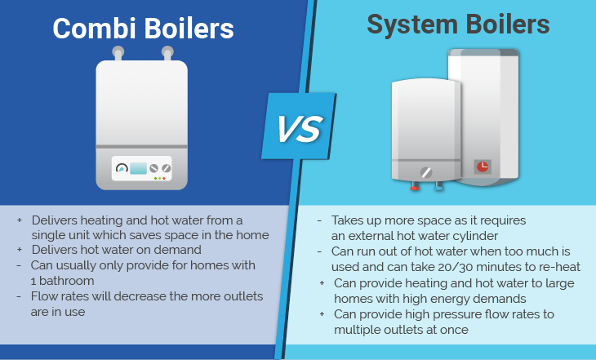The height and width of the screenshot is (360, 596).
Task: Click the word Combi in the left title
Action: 94,29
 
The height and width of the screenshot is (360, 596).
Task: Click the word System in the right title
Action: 412,24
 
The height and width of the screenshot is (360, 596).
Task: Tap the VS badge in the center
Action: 299,126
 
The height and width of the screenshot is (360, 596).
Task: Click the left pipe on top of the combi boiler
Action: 118,53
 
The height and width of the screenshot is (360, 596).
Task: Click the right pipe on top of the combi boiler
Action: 167,53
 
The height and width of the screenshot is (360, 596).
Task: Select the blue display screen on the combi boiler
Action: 138,168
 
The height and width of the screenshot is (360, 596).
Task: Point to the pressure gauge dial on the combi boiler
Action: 122,167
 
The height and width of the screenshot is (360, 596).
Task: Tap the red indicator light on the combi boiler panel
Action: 164,178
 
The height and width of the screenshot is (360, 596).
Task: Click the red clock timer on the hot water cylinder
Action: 483,167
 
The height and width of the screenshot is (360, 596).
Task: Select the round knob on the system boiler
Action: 426,172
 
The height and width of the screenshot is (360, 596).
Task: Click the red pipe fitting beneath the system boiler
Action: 415,187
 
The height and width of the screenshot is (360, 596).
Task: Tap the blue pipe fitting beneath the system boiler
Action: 438,186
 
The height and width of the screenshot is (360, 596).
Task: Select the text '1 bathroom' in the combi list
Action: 62,281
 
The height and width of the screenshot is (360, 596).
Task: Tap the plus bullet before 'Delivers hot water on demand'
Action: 20,249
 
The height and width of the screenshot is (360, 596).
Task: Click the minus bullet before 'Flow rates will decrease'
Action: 19,296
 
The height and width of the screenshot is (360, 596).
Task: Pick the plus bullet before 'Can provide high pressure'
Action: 322,314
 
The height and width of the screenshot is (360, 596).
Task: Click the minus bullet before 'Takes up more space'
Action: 320,220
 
